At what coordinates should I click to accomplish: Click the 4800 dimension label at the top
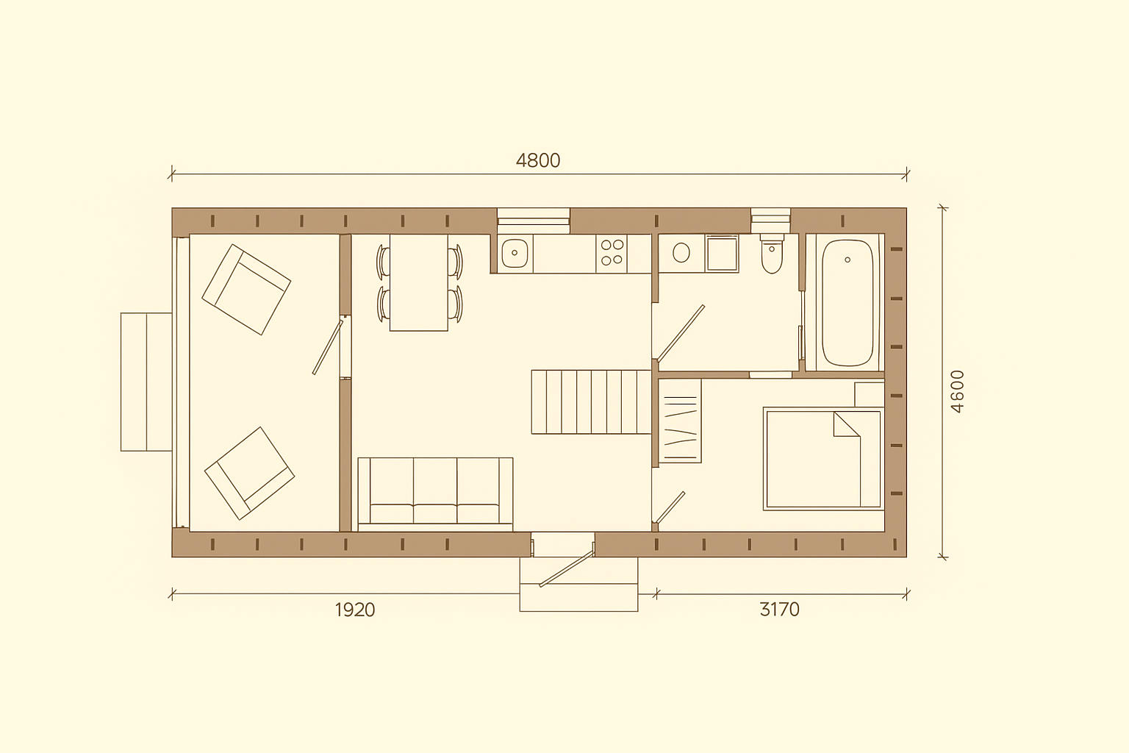(x=538, y=160)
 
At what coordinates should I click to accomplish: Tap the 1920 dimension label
(x=355, y=610)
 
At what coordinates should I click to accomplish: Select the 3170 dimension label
(x=779, y=610)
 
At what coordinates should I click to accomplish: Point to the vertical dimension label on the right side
(x=957, y=391)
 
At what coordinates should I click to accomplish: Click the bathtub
(x=847, y=302)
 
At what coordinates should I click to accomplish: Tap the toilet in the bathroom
(x=772, y=254)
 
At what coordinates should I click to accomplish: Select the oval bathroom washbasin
(x=681, y=253)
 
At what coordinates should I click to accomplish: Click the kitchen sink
(x=515, y=253)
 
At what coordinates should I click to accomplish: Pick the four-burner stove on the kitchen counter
(x=612, y=253)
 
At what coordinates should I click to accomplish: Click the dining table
(x=419, y=282)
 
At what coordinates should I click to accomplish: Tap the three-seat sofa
(x=435, y=494)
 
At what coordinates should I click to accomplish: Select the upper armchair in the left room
(x=246, y=290)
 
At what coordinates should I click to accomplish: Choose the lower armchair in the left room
(x=249, y=474)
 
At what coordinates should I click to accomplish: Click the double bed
(x=823, y=459)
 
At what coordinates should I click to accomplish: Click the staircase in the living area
(x=591, y=402)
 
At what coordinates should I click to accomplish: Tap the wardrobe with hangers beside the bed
(x=680, y=421)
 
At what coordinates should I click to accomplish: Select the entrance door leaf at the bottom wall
(x=567, y=568)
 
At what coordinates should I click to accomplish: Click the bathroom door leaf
(x=681, y=334)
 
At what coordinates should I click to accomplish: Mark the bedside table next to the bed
(x=870, y=394)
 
